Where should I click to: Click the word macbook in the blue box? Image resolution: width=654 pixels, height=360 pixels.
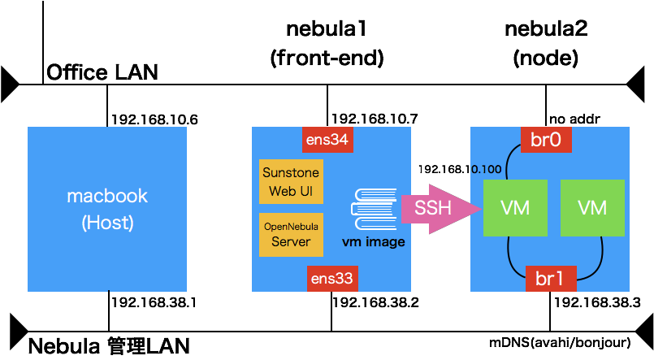point(107,196)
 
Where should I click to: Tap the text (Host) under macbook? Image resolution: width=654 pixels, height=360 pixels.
point(107,223)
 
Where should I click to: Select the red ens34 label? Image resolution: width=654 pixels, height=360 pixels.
point(327,140)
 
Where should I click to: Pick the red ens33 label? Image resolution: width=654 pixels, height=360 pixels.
point(331,279)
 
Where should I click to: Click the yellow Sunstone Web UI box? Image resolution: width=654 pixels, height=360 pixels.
point(291,182)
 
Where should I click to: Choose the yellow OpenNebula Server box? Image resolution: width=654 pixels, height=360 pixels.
point(291,234)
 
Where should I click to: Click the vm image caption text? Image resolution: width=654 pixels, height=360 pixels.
point(373,242)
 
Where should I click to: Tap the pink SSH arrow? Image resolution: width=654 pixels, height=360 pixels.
point(435,208)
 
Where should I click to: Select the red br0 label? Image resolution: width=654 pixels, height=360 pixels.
point(546,139)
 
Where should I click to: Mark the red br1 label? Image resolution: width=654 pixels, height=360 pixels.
point(550,279)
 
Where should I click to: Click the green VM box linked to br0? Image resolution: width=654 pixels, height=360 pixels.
point(515,208)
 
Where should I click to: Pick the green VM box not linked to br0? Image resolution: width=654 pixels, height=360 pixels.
point(592,208)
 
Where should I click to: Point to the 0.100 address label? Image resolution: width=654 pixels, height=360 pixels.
point(486,170)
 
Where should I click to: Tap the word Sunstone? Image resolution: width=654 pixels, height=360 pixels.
point(291,173)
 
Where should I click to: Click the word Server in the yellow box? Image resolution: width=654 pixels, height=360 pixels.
point(291,242)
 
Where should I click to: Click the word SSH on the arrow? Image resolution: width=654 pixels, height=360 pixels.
point(432,208)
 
